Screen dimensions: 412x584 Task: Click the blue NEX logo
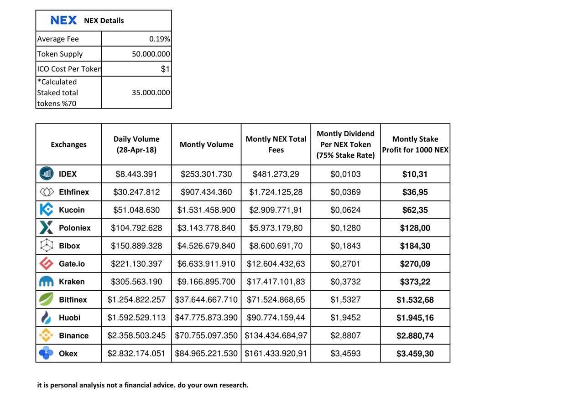click(x=63, y=20)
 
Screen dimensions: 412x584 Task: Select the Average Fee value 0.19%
click(x=159, y=39)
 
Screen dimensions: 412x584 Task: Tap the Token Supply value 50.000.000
click(x=151, y=54)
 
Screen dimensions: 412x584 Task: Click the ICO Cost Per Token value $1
click(x=165, y=69)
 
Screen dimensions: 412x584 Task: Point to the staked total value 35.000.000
click(x=151, y=93)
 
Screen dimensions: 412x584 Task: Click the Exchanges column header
click(x=68, y=144)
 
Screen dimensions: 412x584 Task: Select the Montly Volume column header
click(x=206, y=144)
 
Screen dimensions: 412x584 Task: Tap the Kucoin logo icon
click(x=46, y=210)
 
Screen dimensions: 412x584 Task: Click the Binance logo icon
click(x=46, y=335)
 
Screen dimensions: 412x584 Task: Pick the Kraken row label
click(x=72, y=282)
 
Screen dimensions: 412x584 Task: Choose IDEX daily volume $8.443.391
click(x=136, y=174)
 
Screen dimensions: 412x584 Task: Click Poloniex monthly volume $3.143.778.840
click(x=206, y=228)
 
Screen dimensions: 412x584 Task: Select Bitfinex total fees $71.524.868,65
click(x=276, y=300)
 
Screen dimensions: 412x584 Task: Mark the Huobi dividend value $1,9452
click(x=345, y=318)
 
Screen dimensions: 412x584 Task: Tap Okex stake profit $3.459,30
click(x=415, y=354)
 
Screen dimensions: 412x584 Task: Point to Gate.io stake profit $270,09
click(x=415, y=264)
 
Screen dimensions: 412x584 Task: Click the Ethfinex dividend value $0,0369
click(x=345, y=192)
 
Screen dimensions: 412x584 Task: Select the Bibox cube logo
click(x=46, y=246)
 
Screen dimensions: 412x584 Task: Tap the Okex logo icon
click(x=46, y=353)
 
